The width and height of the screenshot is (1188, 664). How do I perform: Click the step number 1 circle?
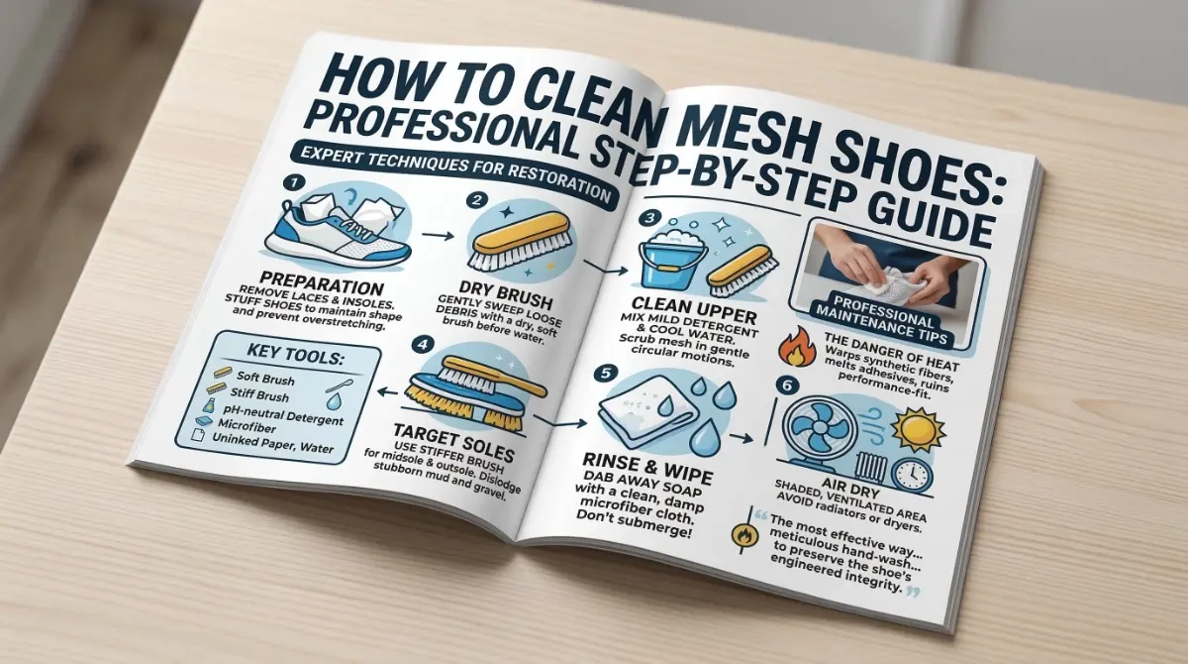[x=292, y=183]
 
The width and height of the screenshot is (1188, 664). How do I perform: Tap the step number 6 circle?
[x=786, y=385]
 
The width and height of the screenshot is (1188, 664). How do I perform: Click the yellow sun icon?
[x=918, y=430]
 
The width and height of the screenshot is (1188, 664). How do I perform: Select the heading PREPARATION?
[x=322, y=284]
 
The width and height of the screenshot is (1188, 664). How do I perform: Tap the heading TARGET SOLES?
[x=453, y=442]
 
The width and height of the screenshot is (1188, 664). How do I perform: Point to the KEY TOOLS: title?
[x=296, y=354]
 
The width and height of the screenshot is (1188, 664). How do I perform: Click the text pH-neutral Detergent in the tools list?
[x=283, y=415]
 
